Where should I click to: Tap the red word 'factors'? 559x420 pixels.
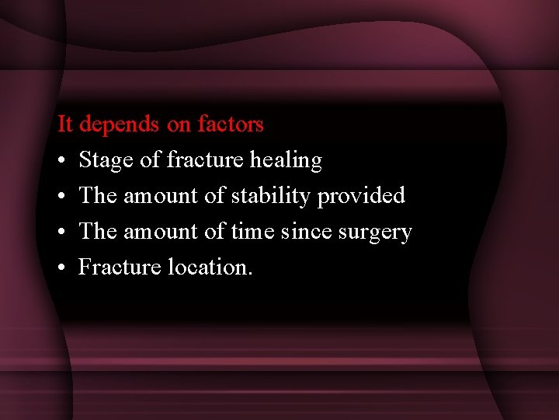click(x=231, y=124)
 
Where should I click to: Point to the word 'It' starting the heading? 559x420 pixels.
click(x=65, y=124)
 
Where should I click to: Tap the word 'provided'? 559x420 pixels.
click(x=362, y=196)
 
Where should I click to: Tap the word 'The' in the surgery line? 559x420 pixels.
click(x=98, y=232)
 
